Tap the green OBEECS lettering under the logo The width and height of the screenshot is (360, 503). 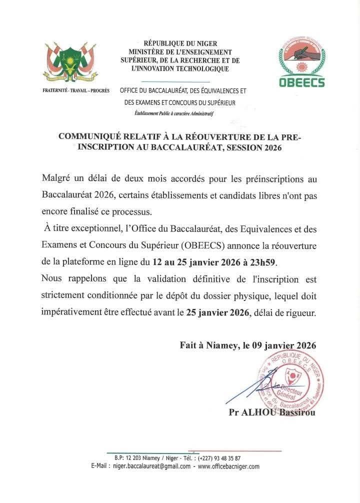point(301,82)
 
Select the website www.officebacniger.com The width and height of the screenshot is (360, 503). point(228,466)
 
